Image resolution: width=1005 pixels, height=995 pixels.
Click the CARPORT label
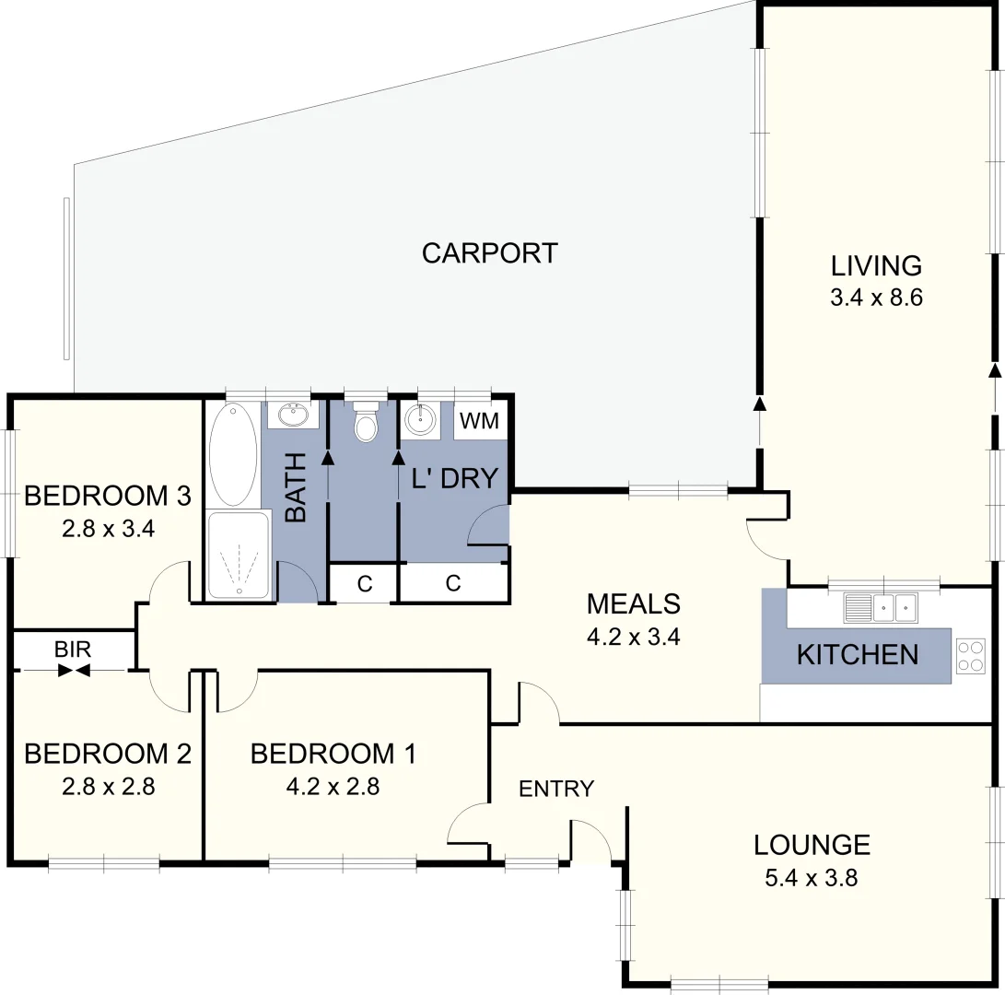(489, 253)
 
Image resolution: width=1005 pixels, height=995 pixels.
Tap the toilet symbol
(366, 423)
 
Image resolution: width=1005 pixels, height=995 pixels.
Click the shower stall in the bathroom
(239, 555)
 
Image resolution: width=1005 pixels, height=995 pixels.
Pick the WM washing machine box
(479, 422)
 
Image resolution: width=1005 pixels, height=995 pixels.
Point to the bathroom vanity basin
(294, 416)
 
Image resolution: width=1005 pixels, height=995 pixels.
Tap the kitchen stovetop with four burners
(970, 655)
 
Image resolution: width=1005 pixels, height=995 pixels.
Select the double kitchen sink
(882, 607)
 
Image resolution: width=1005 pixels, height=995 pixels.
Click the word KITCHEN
(857, 655)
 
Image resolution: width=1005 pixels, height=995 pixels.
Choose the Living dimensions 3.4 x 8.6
(876, 298)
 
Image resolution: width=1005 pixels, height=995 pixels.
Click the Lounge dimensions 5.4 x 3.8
(812, 878)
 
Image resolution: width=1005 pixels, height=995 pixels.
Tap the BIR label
(73, 650)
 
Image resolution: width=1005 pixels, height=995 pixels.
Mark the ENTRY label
(555, 789)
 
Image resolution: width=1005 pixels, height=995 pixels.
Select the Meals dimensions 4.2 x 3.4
(634, 637)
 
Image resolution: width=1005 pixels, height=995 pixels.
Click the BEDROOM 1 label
(333, 754)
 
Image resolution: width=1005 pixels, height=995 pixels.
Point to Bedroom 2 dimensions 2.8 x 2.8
(107, 787)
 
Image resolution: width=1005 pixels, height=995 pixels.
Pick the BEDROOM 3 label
(107, 496)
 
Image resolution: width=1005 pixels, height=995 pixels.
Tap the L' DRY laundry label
(454, 478)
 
